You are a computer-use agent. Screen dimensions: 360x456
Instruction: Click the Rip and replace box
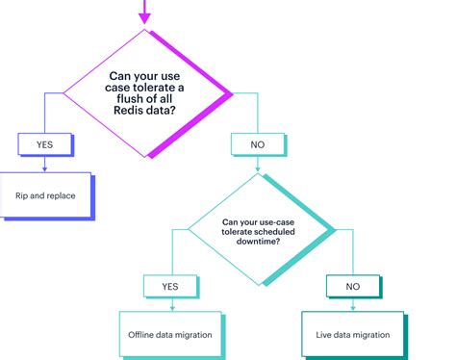tap(45, 194)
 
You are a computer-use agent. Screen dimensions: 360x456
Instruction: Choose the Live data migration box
tap(352, 334)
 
